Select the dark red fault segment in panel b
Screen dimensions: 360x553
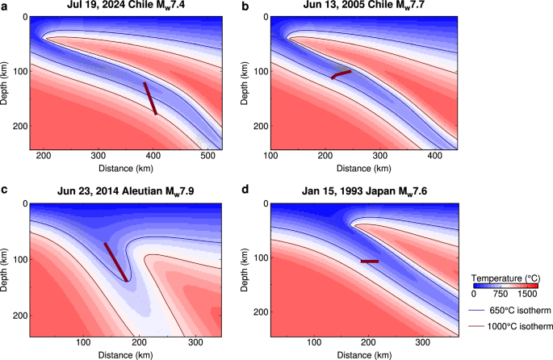(x=341, y=74)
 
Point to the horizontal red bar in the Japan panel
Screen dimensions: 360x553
(x=370, y=262)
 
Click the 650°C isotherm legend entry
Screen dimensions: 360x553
(x=509, y=310)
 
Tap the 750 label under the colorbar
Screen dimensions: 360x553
(x=499, y=295)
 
